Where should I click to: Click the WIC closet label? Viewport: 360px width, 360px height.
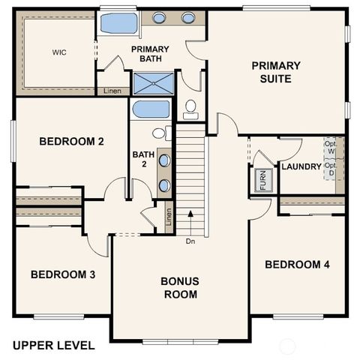pyautogui.click(x=59, y=53)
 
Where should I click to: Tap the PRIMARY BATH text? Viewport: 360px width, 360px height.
pyautogui.click(x=149, y=55)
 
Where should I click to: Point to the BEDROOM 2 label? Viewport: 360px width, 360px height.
pyautogui.click(x=70, y=140)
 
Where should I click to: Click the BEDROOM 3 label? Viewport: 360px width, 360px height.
pyautogui.click(x=62, y=274)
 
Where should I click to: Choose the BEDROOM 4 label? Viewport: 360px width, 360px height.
pyautogui.click(x=297, y=265)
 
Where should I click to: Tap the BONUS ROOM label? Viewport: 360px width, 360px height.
pyautogui.click(x=179, y=288)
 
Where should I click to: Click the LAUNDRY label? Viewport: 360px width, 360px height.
pyautogui.click(x=301, y=166)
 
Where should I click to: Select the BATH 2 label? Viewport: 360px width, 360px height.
pyautogui.click(x=142, y=160)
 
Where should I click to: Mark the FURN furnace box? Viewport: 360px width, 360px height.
pyautogui.click(x=262, y=181)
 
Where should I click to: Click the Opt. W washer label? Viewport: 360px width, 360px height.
pyautogui.click(x=330, y=148)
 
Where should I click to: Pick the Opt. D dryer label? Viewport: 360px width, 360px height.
pyautogui.click(x=330, y=170)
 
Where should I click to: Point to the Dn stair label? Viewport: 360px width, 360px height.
pyautogui.click(x=191, y=241)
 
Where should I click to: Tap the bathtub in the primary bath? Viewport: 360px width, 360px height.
pyautogui.click(x=119, y=23)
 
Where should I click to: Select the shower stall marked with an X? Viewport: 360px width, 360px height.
pyautogui.click(x=152, y=82)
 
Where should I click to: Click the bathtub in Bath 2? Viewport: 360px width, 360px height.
pyautogui.click(x=151, y=109)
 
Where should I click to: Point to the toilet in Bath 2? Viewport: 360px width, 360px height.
pyautogui.click(x=159, y=133)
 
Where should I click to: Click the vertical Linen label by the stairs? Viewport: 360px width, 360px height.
pyautogui.click(x=169, y=217)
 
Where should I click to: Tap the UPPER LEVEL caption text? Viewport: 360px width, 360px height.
pyautogui.click(x=53, y=346)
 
